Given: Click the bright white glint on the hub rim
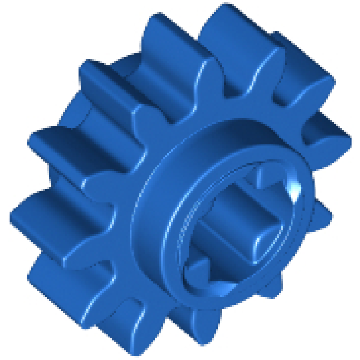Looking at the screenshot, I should coord(295,191).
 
